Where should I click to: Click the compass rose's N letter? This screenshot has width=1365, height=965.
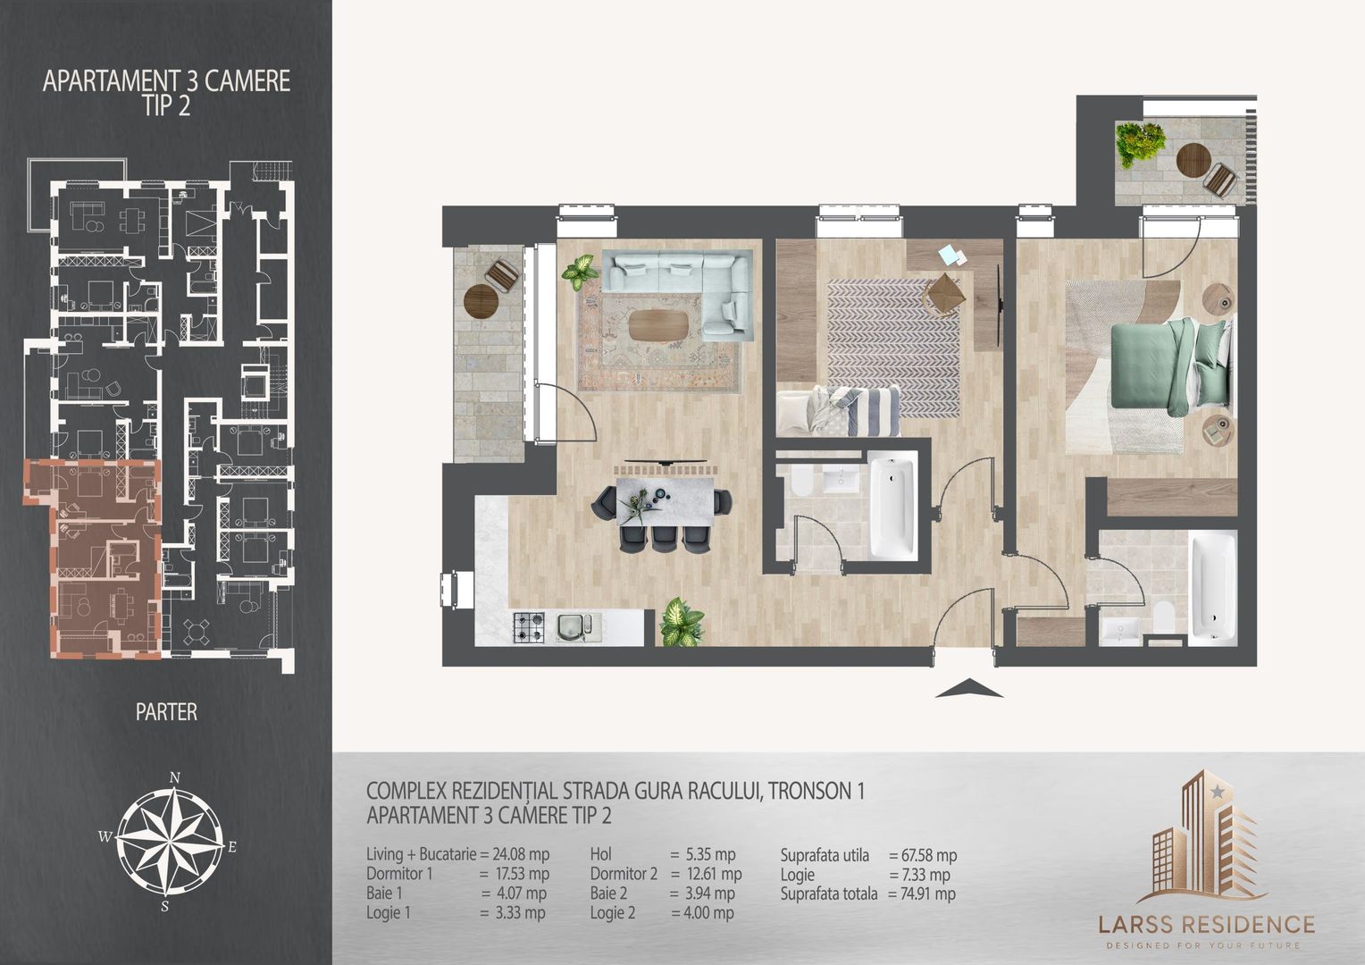click(176, 776)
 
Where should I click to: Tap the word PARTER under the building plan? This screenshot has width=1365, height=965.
click(166, 712)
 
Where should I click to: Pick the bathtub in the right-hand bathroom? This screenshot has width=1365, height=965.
click(1214, 584)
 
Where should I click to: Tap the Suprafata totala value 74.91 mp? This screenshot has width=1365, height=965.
click(922, 894)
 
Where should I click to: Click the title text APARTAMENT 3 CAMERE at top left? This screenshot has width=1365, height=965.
click(166, 81)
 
